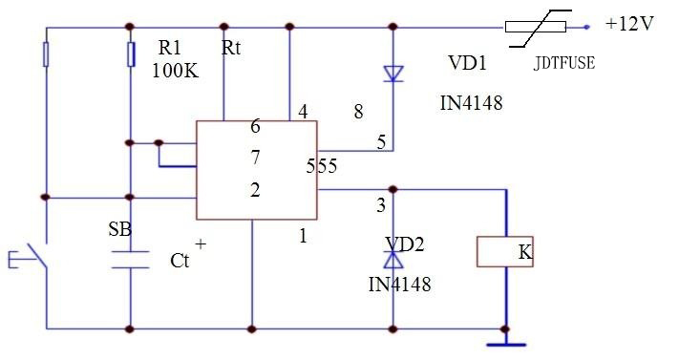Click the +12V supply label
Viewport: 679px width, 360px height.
click(x=628, y=24)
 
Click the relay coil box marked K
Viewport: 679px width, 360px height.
click(x=504, y=252)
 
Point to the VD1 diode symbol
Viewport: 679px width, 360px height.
click(x=392, y=73)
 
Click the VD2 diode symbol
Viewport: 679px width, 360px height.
click(x=392, y=259)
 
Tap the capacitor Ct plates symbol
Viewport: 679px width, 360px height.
click(x=129, y=259)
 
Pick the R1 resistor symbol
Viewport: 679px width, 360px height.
click(x=129, y=54)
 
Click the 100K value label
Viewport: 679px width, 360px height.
click(x=175, y=71)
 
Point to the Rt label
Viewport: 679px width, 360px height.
click(x=233, y=48)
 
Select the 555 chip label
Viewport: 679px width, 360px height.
click(x=322, y=166)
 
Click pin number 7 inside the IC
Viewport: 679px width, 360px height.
click(x=255, y=156)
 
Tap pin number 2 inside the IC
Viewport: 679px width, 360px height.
click(x=255, y=190)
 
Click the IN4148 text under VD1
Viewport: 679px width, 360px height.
click(x=471, y=101)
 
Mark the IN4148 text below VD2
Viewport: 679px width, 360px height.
click(x=399, y=285)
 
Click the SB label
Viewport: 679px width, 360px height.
click(x=121, y=230)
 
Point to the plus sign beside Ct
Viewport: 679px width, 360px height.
click(x=200, y=244)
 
